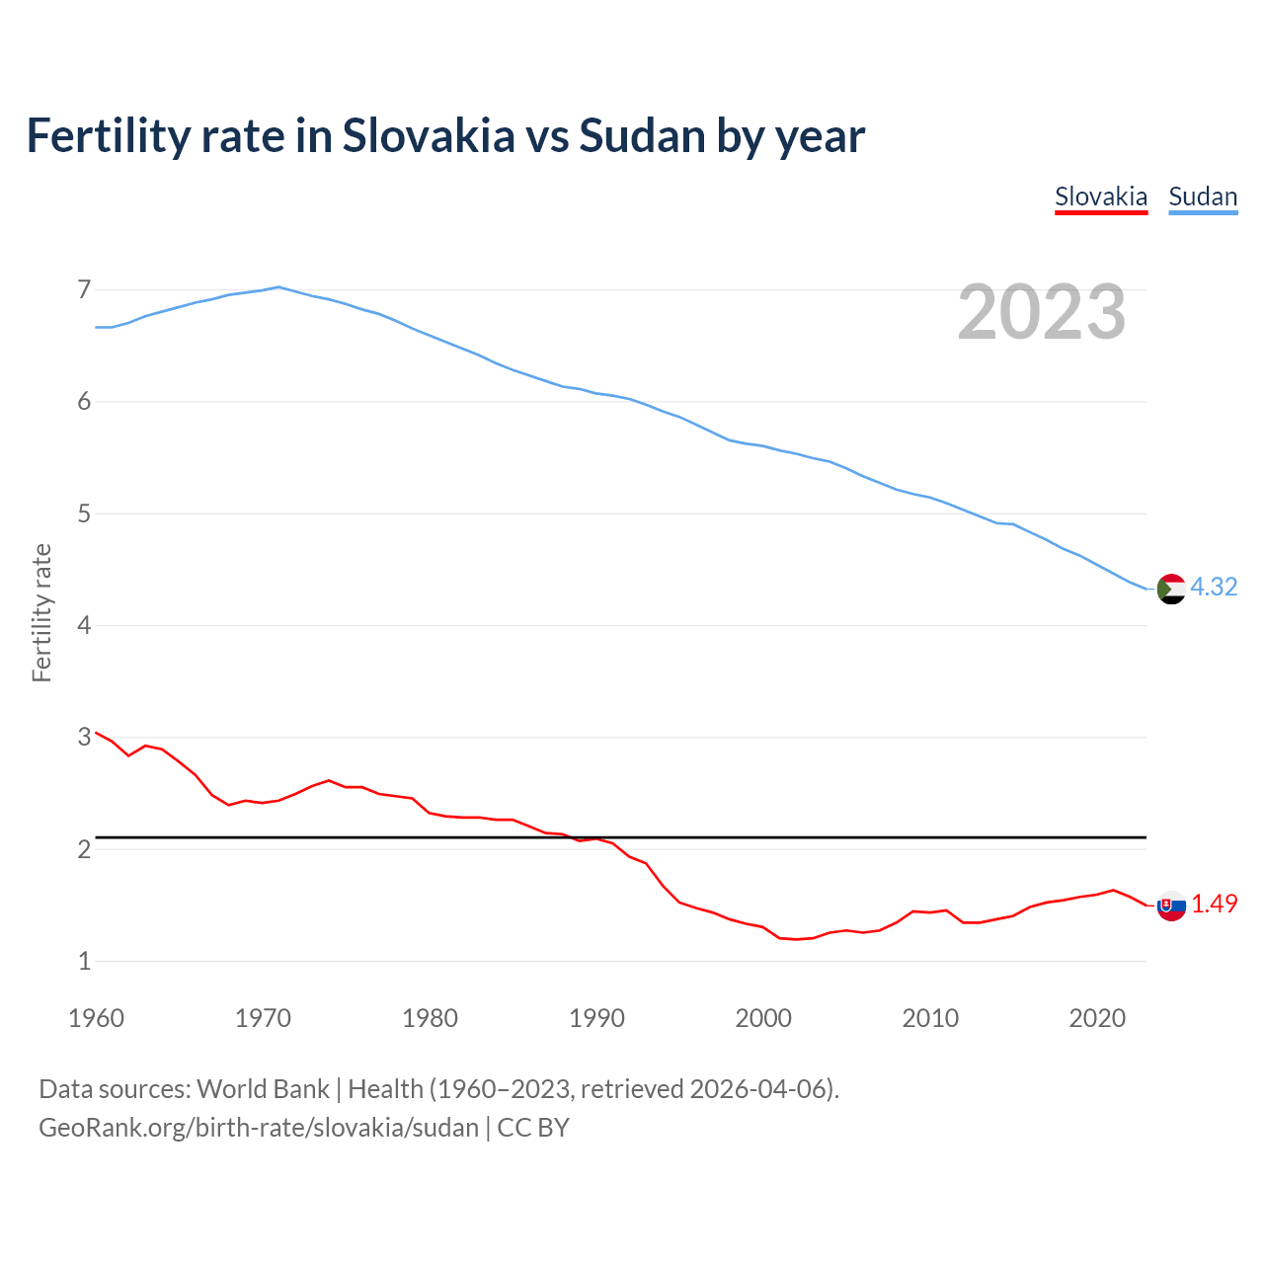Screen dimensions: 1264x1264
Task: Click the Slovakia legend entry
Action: coord(1101,197)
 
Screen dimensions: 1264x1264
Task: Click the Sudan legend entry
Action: coord(1203,197)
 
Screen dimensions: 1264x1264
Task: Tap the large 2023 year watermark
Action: coord(1042,312)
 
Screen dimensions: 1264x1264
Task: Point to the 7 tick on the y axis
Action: coord(84,289)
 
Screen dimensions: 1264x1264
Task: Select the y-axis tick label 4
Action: coord(84,625)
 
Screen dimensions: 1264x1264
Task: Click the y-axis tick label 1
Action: coord(84,961)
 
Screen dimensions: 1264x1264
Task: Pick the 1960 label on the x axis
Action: coord(96,1018)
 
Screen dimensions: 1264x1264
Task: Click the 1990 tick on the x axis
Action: coord(596,1018)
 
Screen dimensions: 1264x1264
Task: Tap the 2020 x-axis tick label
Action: coord(1097,1018)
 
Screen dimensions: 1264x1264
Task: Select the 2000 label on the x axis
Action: coord(763,1018)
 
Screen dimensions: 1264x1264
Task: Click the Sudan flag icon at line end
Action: coord(1171,589)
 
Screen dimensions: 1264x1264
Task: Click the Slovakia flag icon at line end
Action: coord(1171,906)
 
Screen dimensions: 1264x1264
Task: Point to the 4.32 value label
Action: coord(1214,587)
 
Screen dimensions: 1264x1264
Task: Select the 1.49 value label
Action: coord(1214,904)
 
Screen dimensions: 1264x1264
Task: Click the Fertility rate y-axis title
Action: coord(41,612)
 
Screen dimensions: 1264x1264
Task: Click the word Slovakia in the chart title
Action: coord(429,135)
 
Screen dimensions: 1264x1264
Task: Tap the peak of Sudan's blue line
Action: coord(278,287)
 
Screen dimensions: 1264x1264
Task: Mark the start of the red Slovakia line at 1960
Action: coord(96,733)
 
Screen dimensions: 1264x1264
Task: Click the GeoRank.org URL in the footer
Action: coord(259,1127)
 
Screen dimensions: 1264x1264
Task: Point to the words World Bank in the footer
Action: coord(263,1088)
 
